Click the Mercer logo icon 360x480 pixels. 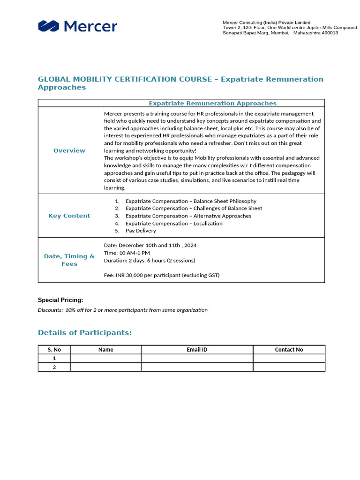48,26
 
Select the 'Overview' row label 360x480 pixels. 69,150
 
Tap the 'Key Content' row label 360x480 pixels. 69,216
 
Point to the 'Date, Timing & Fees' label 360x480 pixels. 69,260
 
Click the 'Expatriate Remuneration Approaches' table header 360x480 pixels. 212,103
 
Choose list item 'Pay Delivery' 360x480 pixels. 141,231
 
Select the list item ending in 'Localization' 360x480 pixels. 174,223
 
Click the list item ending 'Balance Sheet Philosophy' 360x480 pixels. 191,201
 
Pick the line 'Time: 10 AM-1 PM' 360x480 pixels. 127,253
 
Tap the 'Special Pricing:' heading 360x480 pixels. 60,300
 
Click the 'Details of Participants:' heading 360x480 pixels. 85,332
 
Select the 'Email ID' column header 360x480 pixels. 197,349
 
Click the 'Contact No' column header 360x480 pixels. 289,349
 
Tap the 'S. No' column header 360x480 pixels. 54,349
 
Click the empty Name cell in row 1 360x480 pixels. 105,358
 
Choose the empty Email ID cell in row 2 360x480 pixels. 197,367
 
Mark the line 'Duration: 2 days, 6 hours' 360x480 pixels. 150,260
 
